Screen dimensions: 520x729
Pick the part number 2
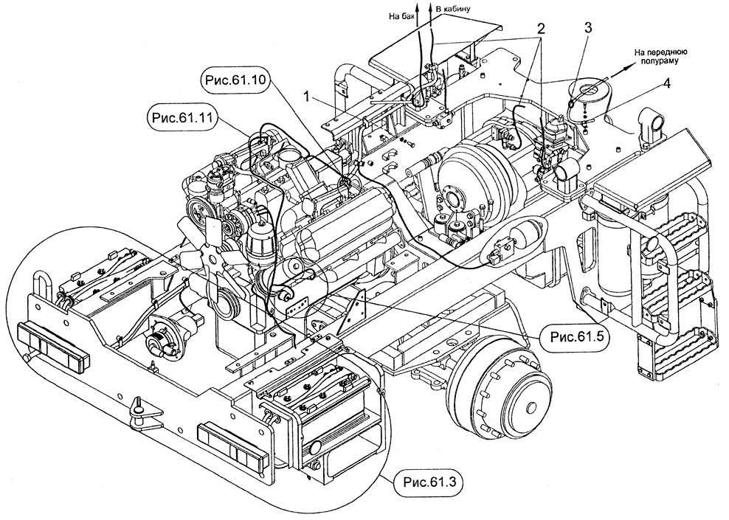(541, 30)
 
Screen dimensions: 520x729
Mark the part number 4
(666, 83)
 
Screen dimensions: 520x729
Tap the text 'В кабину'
(451, 9)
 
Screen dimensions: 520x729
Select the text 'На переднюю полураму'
(662, 57)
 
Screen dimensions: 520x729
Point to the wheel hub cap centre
(531, 406)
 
